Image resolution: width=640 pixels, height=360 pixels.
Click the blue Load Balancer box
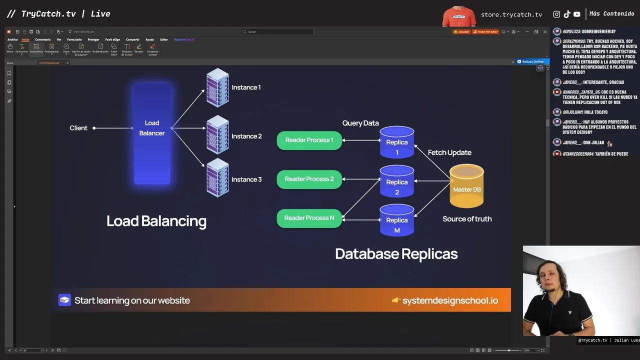152,132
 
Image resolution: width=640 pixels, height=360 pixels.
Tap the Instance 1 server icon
217,88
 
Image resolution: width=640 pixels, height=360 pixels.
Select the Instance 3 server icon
217,177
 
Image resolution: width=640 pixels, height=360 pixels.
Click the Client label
78,128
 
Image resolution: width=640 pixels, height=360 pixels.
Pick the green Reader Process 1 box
309,140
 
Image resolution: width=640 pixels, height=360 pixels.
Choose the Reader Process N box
309,218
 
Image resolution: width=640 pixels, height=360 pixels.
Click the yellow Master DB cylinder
466,186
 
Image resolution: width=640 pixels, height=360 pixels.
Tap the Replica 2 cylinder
397,182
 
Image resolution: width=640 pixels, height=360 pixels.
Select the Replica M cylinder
397,220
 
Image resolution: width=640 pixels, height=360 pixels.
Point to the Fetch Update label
449,152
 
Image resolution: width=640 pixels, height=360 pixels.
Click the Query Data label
360,123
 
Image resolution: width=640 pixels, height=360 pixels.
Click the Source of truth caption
467,218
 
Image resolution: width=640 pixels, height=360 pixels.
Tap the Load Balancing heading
156,221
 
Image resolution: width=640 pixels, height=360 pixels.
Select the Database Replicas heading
396,254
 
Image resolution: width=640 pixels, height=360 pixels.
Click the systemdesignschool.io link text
450,300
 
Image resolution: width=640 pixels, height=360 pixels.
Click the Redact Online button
532,61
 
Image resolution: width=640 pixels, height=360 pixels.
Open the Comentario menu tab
43,39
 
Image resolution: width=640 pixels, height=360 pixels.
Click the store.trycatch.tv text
511,14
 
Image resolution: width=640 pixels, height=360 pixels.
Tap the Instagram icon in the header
557,14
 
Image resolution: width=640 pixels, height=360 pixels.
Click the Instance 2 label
246,136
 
